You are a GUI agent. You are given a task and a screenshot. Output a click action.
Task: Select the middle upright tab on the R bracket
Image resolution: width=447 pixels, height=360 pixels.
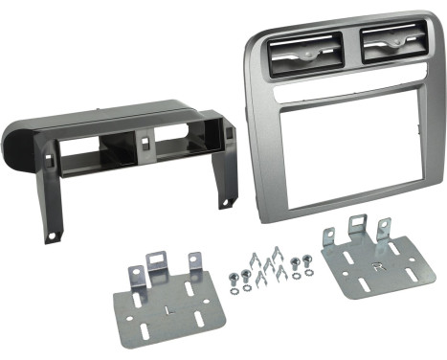(x=360, y=231)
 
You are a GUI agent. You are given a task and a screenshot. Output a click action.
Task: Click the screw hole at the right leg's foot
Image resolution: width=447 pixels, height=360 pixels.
(x=229, y=202)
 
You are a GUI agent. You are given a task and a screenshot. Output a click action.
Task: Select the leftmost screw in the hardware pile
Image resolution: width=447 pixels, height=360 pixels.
(x=233, y=278)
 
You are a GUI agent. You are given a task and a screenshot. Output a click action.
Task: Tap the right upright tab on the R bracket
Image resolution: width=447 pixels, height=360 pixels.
(x=385, y=231)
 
